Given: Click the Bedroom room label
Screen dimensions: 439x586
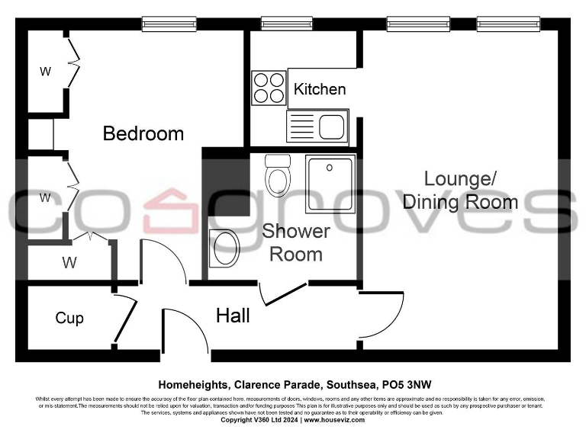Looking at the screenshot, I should [143, 133].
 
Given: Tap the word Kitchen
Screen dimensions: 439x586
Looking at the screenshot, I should [320, 89].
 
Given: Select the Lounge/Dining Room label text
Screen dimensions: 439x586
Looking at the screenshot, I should [460, 191].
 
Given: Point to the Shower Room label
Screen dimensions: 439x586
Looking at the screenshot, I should [296, 242].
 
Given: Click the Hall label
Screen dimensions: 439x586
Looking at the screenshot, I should [233, 316].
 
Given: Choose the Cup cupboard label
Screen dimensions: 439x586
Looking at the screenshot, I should [69, 318].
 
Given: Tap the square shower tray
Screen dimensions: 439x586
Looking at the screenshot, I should [330, 184].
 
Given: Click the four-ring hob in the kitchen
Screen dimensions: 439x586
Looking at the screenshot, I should [268, 87].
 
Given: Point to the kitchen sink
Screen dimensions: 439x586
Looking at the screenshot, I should [317, 127].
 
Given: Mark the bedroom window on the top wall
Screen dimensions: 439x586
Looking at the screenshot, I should [164, 24].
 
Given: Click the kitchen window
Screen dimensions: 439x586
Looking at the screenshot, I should [287, 24].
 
